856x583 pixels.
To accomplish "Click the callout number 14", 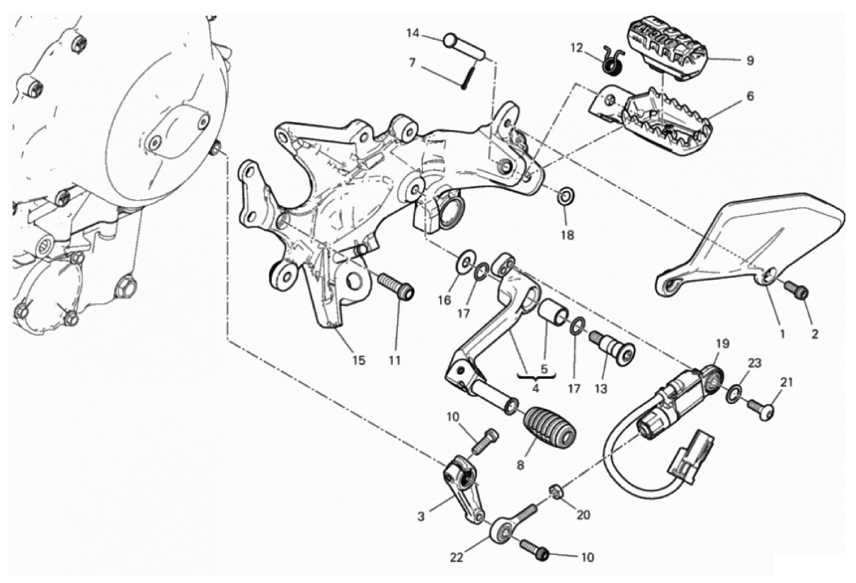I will (412, 33).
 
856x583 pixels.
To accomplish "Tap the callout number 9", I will (750, 61).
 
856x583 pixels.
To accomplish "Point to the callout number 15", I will (359, 360).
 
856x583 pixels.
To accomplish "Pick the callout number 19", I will (722, 343).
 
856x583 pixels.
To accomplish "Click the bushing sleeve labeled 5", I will (551, 315).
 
